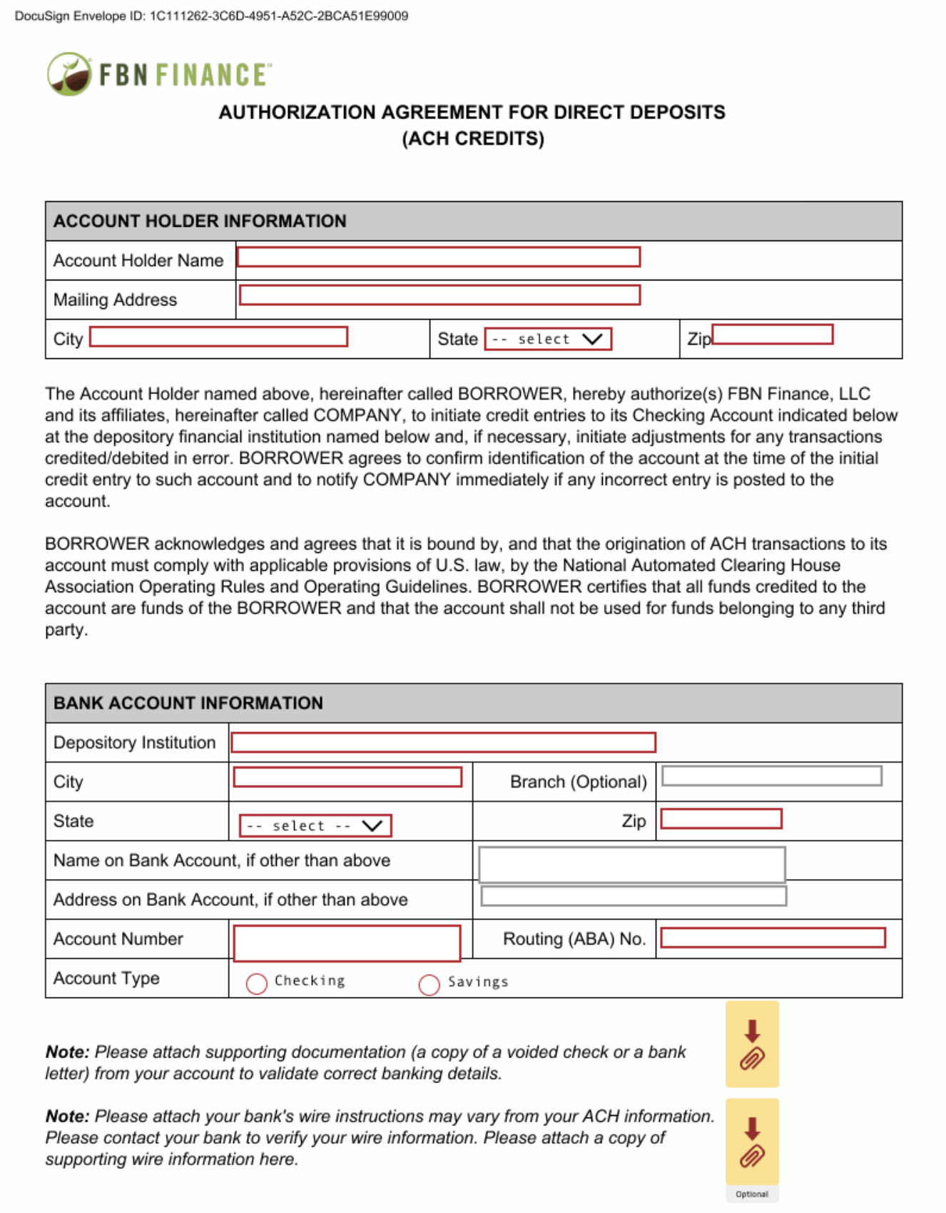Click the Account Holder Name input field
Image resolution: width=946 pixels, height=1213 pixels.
(438, 258)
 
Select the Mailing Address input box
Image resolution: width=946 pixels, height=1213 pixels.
(439, 295)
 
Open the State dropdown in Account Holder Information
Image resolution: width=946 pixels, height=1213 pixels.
(548, 339)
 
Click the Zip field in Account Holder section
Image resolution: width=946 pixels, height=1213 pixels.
(773, 335)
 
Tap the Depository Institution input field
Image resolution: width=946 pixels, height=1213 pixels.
(443, 743)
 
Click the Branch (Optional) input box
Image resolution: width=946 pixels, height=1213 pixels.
(772, 776)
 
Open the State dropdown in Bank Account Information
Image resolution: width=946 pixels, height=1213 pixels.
(315, 826)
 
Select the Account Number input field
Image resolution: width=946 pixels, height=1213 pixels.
(347, 943)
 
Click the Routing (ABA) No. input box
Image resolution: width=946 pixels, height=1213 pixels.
(773, 938)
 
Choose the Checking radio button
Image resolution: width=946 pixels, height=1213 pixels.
(257, 984)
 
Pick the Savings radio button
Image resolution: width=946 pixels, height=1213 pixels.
(429, 985)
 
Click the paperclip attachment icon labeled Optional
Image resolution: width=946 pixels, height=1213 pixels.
(752, 1142)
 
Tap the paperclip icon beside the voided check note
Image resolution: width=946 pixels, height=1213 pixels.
(752, 1045)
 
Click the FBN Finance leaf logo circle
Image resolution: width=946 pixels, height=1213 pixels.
(69, 74)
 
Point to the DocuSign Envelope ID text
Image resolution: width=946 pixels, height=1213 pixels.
(211, 16)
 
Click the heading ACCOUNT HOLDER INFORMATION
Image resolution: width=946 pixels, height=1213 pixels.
(200, 221)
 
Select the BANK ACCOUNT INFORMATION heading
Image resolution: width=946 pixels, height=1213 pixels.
(188, 704)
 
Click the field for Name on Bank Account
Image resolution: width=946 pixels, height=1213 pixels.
(631, 864)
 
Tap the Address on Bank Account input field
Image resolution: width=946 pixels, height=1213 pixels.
(634, 896)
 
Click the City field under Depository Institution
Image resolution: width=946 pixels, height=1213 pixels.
(347, 777)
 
